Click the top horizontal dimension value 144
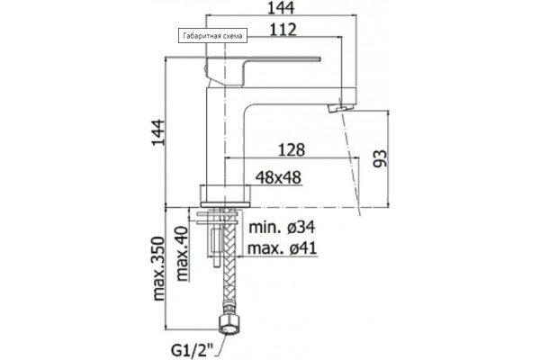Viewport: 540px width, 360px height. coord(281,8)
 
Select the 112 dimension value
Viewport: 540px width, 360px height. coord(283,30)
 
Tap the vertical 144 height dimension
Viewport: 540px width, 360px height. coord(158,132)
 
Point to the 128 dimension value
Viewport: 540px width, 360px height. coord(292,150)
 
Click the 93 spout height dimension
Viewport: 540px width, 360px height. coord(380,158)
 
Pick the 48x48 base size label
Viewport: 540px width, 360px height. coord(278,178)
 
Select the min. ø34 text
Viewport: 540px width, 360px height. coord(282,227)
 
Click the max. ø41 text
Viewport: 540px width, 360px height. coord(282,248)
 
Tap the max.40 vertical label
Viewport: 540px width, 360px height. coord(182,254)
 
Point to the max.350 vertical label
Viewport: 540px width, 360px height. coord(158,269)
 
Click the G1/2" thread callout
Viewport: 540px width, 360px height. coord(193,351)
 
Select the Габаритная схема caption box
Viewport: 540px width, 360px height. coord(212,36)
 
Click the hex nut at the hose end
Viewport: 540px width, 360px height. coord(229,325)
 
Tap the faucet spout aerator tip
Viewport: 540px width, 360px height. coord(340,108)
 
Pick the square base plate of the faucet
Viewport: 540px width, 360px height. coord(225,196)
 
